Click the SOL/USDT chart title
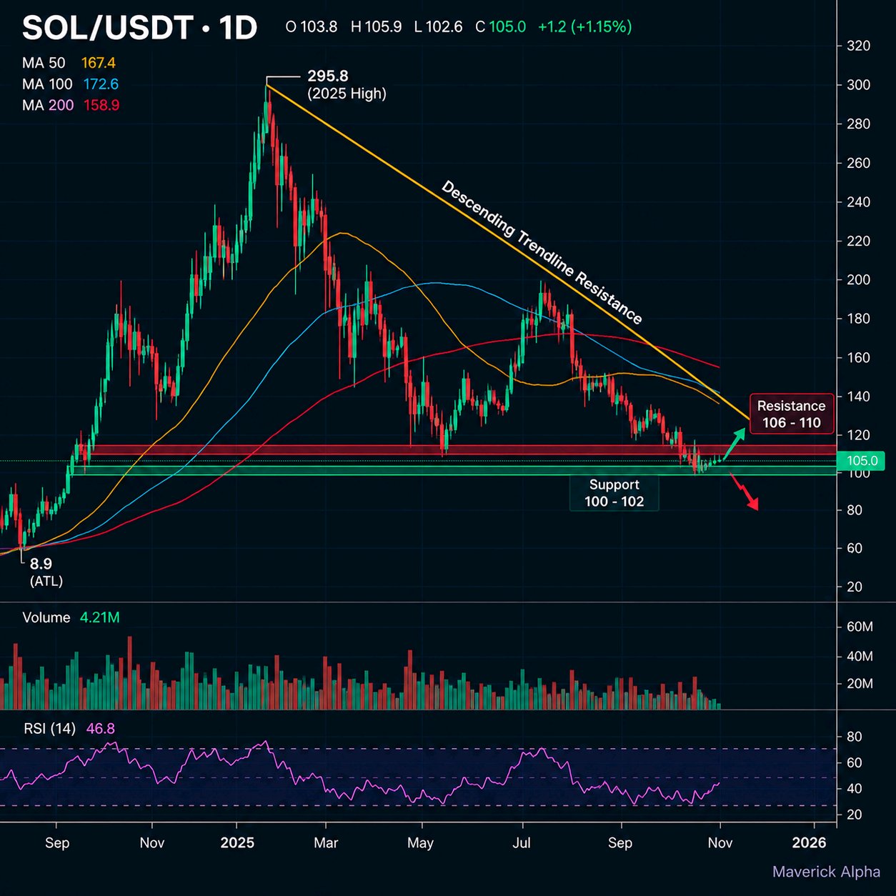139,28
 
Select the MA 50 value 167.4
99,63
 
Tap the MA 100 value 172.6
101,84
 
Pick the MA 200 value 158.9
101,105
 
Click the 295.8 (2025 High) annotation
347,84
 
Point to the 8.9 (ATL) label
46,572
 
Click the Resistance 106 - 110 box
792,414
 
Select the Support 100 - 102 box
614,493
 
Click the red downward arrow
745,491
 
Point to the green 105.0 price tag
860,461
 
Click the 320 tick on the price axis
858,46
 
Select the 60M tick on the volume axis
860,627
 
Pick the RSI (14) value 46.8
101,729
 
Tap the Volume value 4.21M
99,617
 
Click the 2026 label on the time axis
809,842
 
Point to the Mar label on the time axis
326,842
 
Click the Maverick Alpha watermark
826,872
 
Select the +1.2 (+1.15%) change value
584,27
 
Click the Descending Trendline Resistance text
542,252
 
